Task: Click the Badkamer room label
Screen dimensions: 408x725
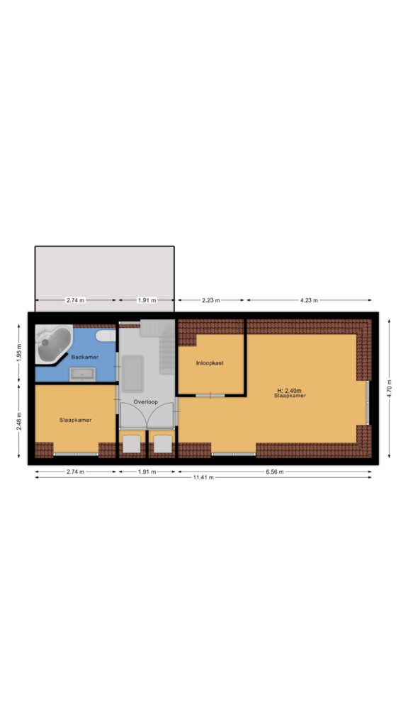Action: (x=85, y=357)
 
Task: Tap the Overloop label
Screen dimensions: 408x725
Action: (x=146, y=402)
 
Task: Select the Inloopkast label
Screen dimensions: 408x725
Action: (x=210, y=363)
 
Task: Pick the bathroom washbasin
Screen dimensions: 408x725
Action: (x=82, y=374)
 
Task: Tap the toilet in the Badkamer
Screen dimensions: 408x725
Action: (x=106, y=335)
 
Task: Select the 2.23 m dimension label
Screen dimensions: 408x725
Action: (x=211, y=300)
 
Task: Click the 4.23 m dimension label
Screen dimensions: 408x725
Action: (x=309, y=300)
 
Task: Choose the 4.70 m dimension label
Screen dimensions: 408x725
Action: (x=389, y=389)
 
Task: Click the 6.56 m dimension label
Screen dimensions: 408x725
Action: (x=274, y=472)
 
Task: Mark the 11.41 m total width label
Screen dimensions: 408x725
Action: (x=203, y=477)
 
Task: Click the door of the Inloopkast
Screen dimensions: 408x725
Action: (x=210, y=395)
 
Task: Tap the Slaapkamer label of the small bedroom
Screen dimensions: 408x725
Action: (x=75, y=421)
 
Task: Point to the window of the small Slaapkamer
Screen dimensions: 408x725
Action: (x=76, y=455)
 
